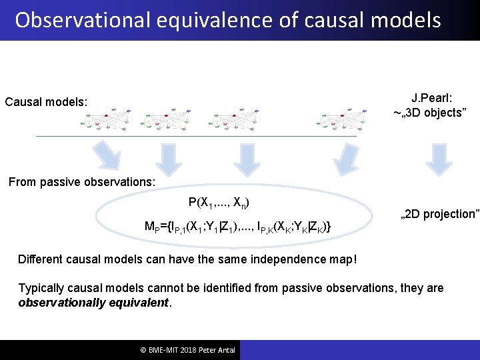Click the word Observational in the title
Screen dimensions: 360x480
73,20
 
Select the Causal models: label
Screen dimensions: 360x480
46,102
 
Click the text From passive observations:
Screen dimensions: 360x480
81,181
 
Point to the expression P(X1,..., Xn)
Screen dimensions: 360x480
219,202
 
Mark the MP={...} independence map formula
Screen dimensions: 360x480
239,227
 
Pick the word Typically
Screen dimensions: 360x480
42,288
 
